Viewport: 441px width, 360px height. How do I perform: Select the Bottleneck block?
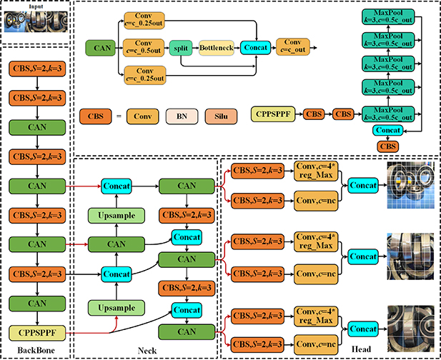(217, 48)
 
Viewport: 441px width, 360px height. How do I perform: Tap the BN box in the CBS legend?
(181, 115)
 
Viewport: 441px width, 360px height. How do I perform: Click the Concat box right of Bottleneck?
(256, 48)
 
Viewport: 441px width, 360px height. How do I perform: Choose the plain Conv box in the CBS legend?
(144, 115)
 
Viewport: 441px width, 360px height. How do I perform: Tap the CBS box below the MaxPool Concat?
(388, 146)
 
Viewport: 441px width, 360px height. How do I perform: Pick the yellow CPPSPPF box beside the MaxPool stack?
(274, 113)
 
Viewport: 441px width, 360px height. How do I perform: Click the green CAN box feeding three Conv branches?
(102, 48)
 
